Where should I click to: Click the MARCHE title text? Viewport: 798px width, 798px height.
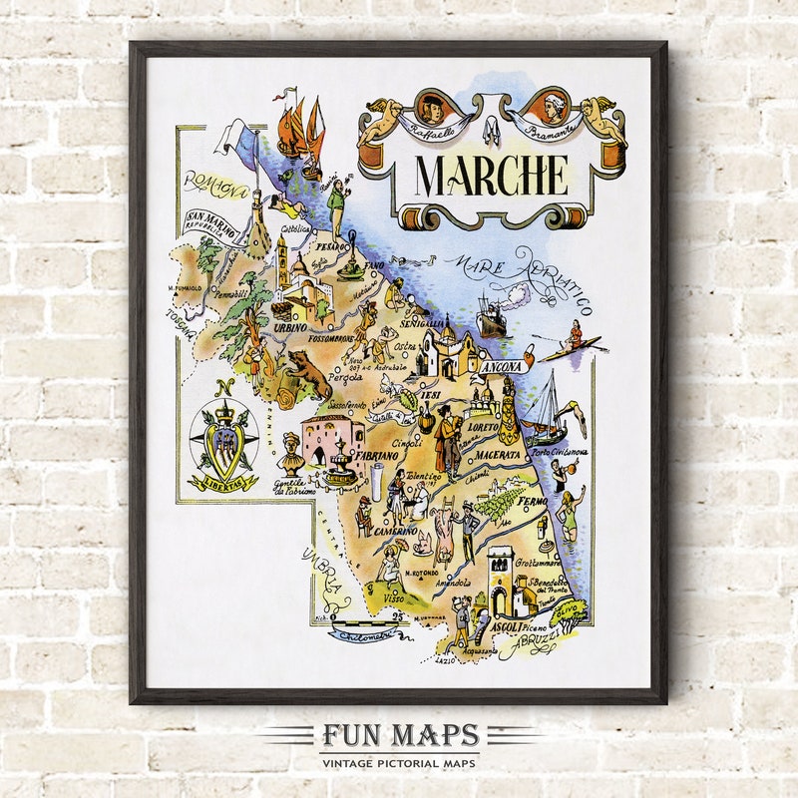tap(492, 176)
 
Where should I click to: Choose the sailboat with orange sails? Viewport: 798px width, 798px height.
tap(302, 129)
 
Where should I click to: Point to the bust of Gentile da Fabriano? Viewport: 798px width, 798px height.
tap(290, 453)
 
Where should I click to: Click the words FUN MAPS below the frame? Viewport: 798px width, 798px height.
tap(399, 737)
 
